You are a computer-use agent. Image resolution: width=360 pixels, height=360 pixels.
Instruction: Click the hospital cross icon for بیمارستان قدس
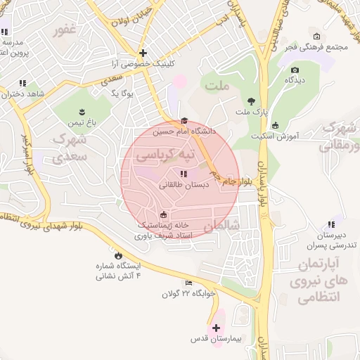[216, 328]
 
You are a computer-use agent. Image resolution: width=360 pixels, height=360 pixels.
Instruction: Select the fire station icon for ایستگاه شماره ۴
[117, 255]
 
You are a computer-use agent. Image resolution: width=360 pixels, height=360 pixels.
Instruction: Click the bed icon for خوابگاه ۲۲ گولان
[188, 283]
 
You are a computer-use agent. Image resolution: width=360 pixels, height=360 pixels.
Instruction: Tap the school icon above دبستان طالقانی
[184, 174]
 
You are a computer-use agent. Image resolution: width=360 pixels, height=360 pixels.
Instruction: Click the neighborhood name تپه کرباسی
[164, 153]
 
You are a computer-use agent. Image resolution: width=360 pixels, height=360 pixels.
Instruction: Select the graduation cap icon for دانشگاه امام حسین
[184, 120]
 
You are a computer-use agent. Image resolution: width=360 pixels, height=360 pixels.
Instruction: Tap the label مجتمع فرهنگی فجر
[313, 46]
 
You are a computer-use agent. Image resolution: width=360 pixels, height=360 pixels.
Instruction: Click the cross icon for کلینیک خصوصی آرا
[143, 53]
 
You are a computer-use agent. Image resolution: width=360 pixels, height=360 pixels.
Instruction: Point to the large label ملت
[218, 86]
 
